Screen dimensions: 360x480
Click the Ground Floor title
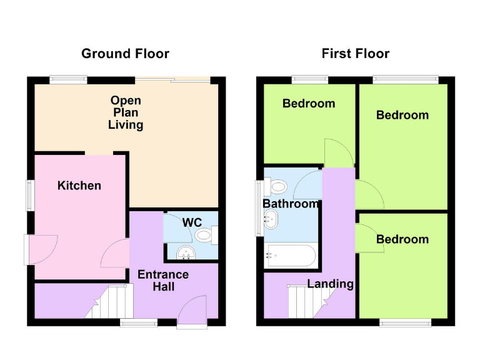tap(126, 54)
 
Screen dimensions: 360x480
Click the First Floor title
tap(355, 54)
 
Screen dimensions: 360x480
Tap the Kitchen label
tap(79, 186)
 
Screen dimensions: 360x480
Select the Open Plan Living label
tap(126, 112)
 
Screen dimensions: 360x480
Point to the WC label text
tap(191, 222)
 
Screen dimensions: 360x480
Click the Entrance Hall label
tap(163, 281)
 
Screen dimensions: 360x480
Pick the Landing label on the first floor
tap(330, 284)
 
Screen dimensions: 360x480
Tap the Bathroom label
tap(291, 204)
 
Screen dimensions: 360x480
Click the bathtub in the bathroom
tap(291, 255)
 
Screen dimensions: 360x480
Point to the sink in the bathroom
tap(272, 219)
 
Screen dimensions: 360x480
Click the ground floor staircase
tap(116, 301)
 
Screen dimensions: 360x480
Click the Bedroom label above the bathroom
tap(309, 104)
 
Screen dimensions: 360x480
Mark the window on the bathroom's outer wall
tap(257, 209)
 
